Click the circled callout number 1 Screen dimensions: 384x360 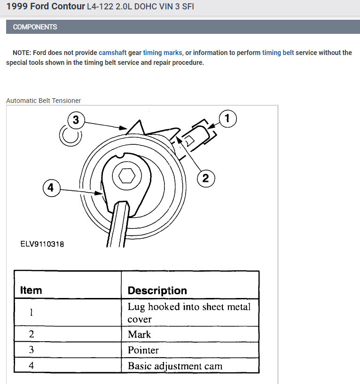coord(227,119)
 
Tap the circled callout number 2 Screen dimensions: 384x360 coord(205,178)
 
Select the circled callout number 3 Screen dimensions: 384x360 coord(76,120)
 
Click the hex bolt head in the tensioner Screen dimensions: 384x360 coord(126,177)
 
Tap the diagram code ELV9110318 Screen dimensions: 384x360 coord(42,244)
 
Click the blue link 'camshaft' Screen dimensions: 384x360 coord(112,53)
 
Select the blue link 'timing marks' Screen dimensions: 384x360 coord(163,53)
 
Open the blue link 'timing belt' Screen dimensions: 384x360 coord(278,53)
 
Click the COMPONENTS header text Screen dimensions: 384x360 coord(35,27)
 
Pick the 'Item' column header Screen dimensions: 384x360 coord(31,290)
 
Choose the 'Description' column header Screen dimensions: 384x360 coord(157,290)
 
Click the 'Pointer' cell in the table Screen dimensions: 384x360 coord(143,350)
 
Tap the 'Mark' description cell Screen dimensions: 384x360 coord(140,334)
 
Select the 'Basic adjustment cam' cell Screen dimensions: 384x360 coord(175,366)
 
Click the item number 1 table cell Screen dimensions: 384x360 coord(31,313)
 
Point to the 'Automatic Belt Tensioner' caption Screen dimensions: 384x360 coord(43,101)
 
